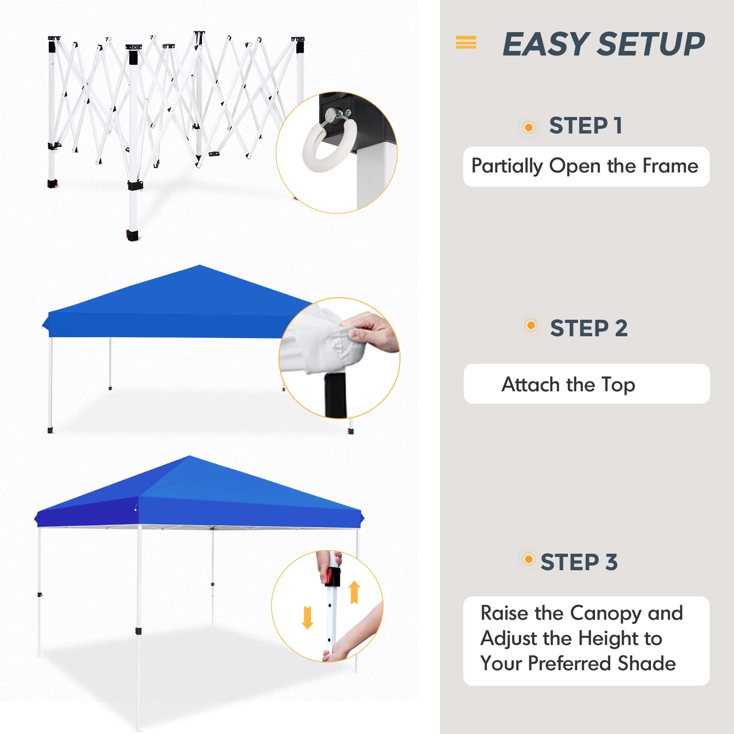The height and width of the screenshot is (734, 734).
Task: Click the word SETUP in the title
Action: click(x=651, y=44)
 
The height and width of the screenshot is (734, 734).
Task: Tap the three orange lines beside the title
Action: click(x=466, y=42)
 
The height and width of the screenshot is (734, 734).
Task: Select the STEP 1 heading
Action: click(x=585, y=126)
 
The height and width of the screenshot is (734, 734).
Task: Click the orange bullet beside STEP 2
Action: click(x=531, y=326)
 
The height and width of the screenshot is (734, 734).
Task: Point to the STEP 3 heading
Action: click(x=579, y=562)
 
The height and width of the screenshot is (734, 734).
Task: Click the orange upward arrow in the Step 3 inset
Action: click(x=354, y=592)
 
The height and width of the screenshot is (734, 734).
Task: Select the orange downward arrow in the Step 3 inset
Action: click(x=307, y=617)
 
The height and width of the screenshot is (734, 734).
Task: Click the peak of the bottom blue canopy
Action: click(x=189, y=456)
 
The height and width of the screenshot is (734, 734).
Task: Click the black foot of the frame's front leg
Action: click(x=133, y=236)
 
